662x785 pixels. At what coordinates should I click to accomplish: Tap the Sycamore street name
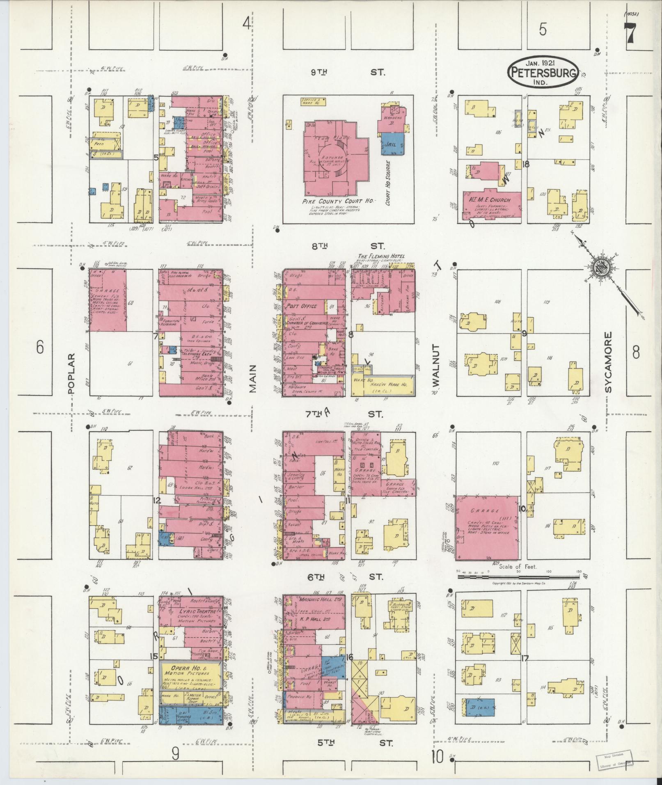pos(608,362)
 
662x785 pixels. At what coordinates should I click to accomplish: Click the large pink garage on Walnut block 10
pos(488,527)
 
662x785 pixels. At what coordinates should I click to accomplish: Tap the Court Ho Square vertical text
pos(388,183)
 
